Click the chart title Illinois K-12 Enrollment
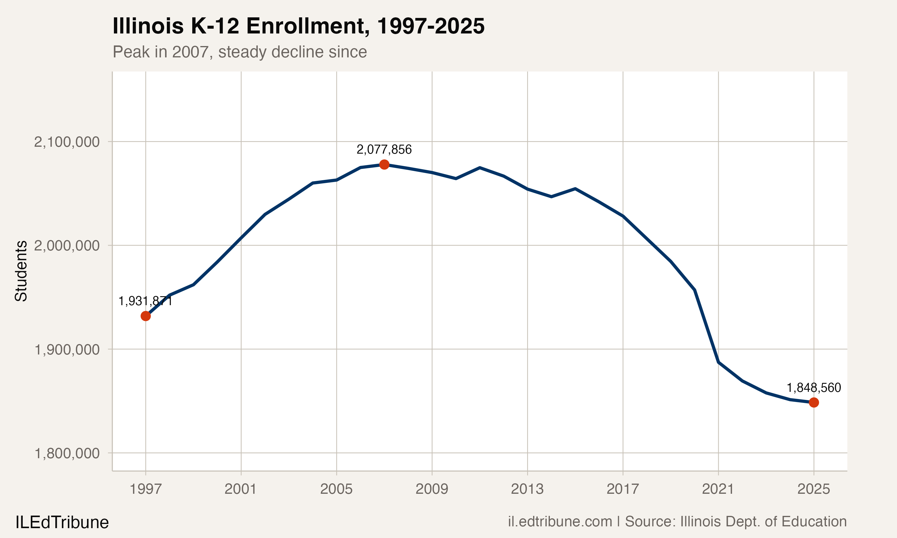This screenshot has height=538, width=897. click(x=298, y=26)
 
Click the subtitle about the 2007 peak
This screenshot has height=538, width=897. click(x=240, y=52)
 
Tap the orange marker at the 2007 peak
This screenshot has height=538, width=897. click(x=384, y=165)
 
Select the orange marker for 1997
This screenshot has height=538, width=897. click(x=145, y=316)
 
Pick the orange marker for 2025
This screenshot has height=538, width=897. click(x=814, y=402)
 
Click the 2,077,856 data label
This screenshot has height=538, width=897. click(x=384, y=149)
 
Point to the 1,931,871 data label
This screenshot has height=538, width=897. click(x=145, y=301)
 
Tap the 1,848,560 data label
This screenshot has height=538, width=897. click(x=814, y=388)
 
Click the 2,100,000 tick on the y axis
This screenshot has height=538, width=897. click(x=67, y=142)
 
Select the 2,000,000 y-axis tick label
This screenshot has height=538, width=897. click(x=67, y=246)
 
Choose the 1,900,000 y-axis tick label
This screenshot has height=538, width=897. click(x=67, y=349)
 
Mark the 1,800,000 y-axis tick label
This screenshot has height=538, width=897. click(x=67, y=453)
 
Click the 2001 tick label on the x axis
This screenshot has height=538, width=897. click(x=240, y=489)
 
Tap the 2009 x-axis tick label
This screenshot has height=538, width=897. click(x=431, y=489)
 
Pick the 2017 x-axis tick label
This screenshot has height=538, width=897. click(x=623, y=489)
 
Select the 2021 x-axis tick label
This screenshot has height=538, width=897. click(x=718, y=489)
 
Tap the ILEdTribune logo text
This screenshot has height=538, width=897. click(x=62, y=522)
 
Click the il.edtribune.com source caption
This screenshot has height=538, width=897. click(x=677, y=521)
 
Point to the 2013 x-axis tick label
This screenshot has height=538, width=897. click(x=527, y=489)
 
